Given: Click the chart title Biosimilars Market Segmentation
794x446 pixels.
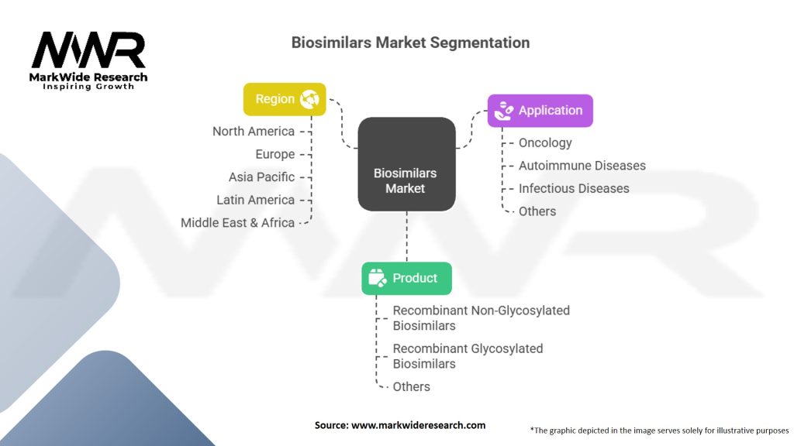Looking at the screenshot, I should click(410, 43).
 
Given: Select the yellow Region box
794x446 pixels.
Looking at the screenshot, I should click(285, 99).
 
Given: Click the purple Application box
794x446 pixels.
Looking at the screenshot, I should click(540, 111).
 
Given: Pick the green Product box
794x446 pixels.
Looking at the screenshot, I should click(406, 278).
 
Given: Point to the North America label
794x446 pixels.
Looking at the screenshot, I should click(254, 131).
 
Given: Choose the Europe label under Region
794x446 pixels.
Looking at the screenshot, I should click(274, 154).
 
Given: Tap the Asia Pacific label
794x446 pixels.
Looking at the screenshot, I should click(261, 177).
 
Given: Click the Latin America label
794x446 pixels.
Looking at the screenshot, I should click(255, 200).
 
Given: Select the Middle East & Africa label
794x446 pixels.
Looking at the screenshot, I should click(237, 223).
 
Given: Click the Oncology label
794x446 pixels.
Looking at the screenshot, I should click(545, 142).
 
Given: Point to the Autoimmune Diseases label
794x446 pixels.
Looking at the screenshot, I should click(582, 166).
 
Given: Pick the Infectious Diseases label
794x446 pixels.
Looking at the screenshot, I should click(574, 188).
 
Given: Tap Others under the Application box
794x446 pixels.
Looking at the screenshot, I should click(537, 211).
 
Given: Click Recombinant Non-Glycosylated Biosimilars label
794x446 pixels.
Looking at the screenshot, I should click(481, 317).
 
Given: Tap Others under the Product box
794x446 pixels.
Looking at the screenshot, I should click(411, 386).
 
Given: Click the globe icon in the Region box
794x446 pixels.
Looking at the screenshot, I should click(310, 99).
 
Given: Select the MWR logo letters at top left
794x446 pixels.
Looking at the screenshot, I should click(88, 50).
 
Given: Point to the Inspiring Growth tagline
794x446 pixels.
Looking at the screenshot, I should click(88, 87).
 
